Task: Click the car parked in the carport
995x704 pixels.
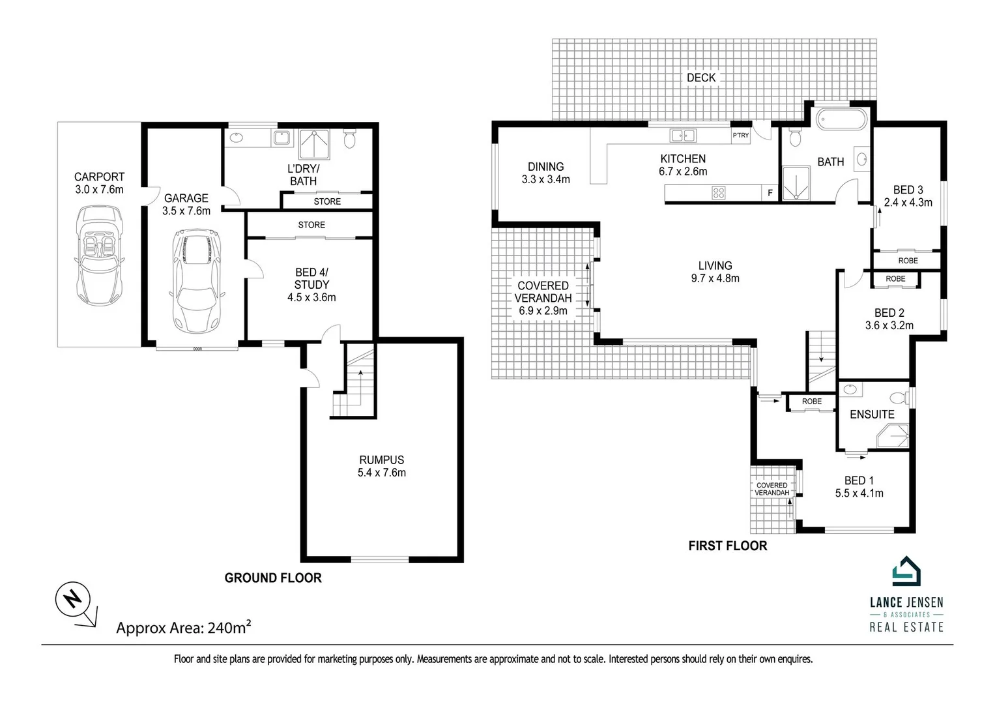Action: click(99, 257)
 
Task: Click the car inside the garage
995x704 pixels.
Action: click(196, 280)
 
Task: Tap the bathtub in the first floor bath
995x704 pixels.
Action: click(842, 119)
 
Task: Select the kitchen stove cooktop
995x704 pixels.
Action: click(719, 193)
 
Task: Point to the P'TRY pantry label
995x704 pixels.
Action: click(740, 136)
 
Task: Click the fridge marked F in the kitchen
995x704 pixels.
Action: click(770, 193)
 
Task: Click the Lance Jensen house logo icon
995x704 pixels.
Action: click(906, 572)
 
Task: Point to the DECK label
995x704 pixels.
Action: click(701, 78)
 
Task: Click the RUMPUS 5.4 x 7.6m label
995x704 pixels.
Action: click(381, 466)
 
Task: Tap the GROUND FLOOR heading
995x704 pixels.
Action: click(273, 578)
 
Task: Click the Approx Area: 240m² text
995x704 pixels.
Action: click(184, 628)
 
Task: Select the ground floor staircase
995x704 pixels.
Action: click(356, 385)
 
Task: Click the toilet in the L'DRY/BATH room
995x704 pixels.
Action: click(349, 139)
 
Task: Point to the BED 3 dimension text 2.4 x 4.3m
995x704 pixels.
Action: click(908, 202)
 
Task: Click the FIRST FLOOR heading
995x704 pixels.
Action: click(727, 546)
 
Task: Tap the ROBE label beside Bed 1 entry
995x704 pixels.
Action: click(811, 402)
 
